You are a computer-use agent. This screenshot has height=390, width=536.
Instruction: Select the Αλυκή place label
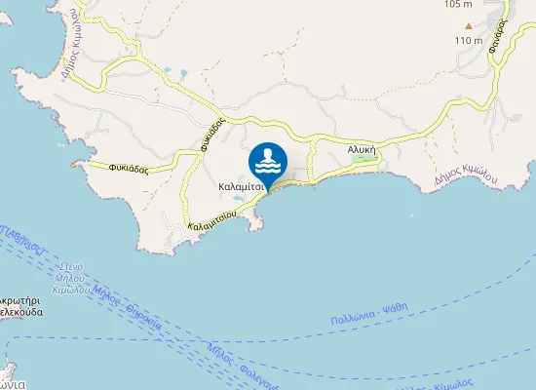click(362, 150)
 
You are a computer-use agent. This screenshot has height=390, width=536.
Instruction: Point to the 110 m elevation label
click(469, 40)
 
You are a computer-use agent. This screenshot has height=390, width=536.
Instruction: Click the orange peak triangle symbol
click(469, 26)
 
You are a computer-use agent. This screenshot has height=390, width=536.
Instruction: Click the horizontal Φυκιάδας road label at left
click(129, 167)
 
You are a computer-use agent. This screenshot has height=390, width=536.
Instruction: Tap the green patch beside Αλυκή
click(368, 163)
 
